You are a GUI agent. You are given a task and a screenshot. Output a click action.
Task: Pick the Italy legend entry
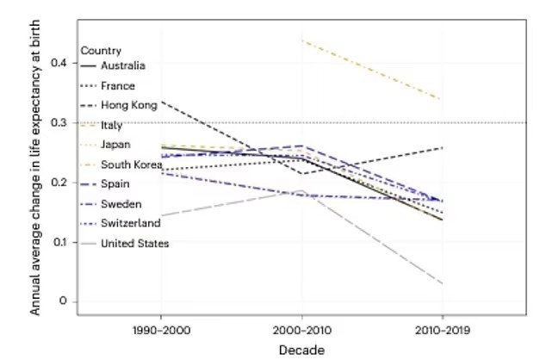pyautogui.click(x=112, y=124)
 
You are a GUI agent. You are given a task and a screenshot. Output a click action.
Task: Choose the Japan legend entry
pyautogui.click(x=115, y=144)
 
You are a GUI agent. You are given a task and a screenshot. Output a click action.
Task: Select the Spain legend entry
pyautogui.click(x=115, y=184)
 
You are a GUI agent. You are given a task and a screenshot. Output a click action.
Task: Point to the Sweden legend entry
pyautogui.click(x=120, y=204)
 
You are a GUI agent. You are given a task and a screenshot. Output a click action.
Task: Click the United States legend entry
pyautogui.click(x=133, y=244)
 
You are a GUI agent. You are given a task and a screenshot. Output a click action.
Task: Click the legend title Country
pyautogui.click(x=107, y=51)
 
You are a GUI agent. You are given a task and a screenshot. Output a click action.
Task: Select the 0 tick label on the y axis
pyautogui.click(x=63, y=301)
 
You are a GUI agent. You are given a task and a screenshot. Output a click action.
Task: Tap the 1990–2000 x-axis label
pyautogui.click(x=161, y=330)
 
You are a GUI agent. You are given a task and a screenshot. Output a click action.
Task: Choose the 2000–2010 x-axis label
pyautogui.click(x=301, y=330)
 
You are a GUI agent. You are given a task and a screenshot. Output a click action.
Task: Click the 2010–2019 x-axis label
pyautogui.click(x=442, y=330)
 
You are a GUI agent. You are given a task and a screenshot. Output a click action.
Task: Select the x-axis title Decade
pyautogui.click(x=301, y=351)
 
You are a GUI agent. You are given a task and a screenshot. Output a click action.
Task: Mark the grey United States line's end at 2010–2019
pyautogui.click(x=442, y=283)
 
